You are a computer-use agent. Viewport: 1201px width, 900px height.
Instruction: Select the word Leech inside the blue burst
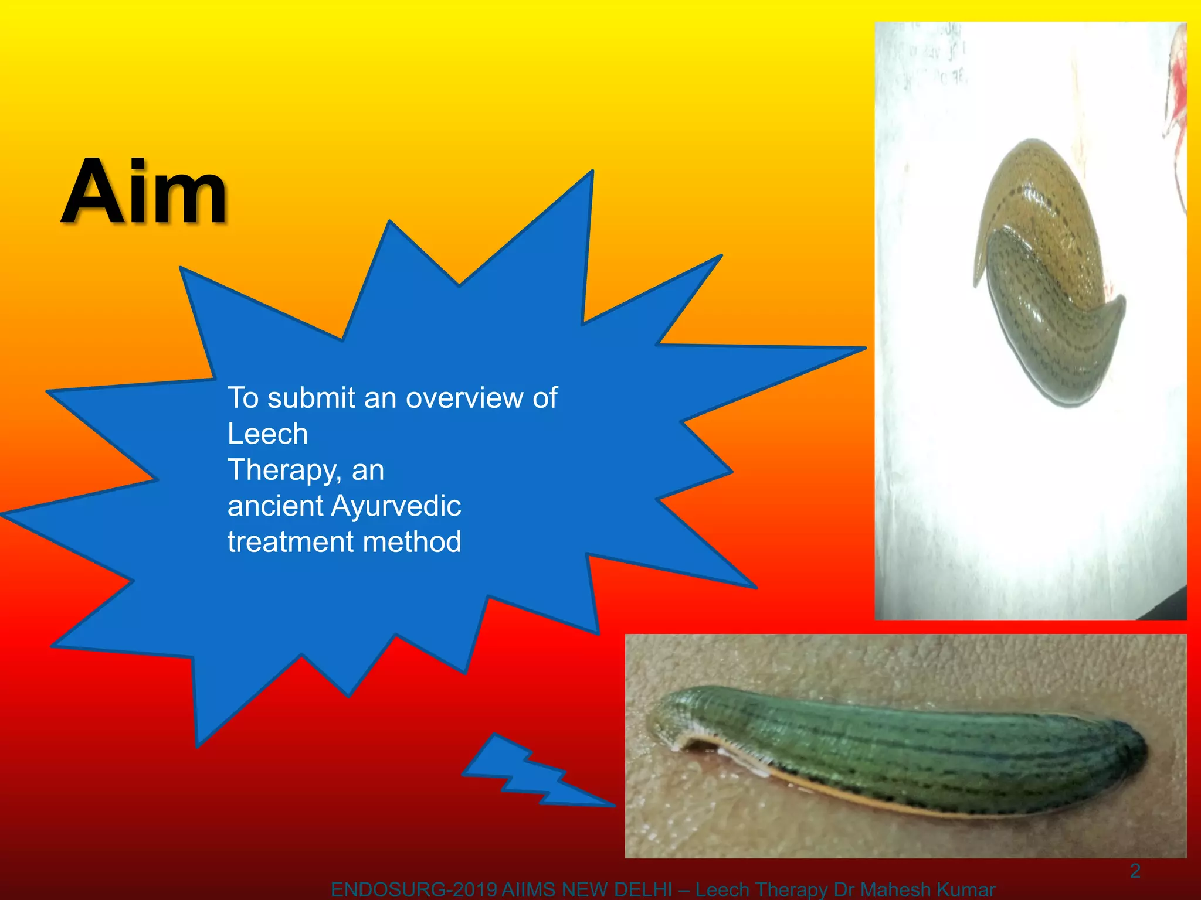point(267,434)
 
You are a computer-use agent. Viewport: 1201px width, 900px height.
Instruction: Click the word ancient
point(275,506)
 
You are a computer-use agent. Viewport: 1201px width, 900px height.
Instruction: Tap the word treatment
point(291,541)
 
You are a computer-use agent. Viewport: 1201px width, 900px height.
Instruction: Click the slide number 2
point(1135,871)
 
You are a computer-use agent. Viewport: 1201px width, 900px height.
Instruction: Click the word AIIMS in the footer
point(529,890)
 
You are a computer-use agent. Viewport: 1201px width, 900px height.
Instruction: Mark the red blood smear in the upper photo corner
point(1176,105)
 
